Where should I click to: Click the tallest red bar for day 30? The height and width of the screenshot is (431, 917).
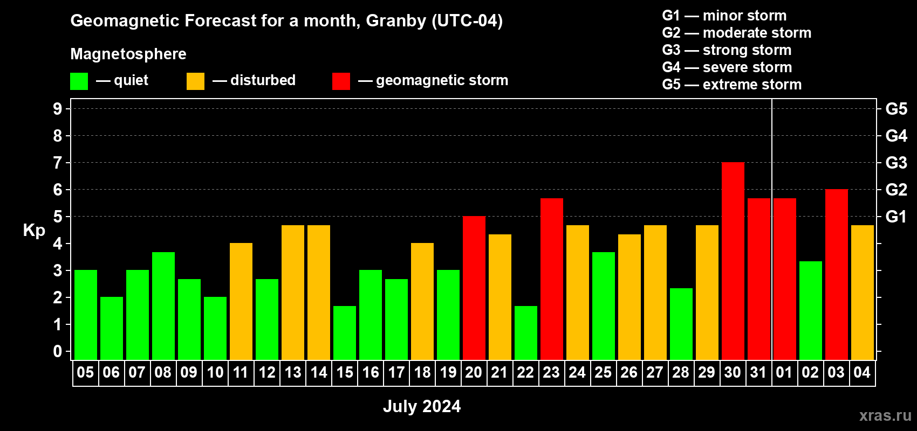pyautogui.click(x=733, y=261)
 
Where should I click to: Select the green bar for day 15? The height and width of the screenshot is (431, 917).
pyautogui.click(x=345, y=333)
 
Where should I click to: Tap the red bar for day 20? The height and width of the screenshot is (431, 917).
pyautogui.click(x=474, y=288)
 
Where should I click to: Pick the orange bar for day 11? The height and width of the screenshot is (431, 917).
pyautogui.click(x=241, y=301)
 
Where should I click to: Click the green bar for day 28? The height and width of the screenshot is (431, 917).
pyautogui.click(x=681, y=324)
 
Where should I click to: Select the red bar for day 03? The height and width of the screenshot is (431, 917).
pyautogui.click(x=836, y=274)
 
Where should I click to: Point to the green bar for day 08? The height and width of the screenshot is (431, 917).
pyautogui.click(x=163, y=306)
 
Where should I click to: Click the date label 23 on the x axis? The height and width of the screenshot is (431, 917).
pyautogui.click(x=551, y=372)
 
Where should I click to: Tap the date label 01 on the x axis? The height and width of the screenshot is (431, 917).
pyautogui.click(x=784, y=372)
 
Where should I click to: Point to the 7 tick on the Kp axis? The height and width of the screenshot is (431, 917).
pyautogui.click(x=57, y=163)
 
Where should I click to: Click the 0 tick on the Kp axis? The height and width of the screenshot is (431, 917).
pyautogui.click(x=57, y=351)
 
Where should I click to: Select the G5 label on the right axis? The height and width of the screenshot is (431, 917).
pyautogui.click(x=897, y=109)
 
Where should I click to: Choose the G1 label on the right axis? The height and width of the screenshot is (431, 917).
pyautogui.click(x=897, y=217)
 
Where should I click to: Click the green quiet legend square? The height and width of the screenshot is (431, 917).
pyautogui.click(x=79, y=81)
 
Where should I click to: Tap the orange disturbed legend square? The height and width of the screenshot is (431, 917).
pyautogui.click(x=195, y=81)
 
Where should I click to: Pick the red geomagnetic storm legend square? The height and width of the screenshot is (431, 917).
pyautogui.click(x=341, y=81)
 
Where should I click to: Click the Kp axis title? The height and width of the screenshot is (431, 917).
pyautogui.click(x=34, y=231)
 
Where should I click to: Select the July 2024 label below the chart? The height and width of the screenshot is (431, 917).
pyautogui.click(x=422, y=406)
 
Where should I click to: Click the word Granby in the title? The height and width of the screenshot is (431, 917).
pyautogui.click(x=396, y=21)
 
